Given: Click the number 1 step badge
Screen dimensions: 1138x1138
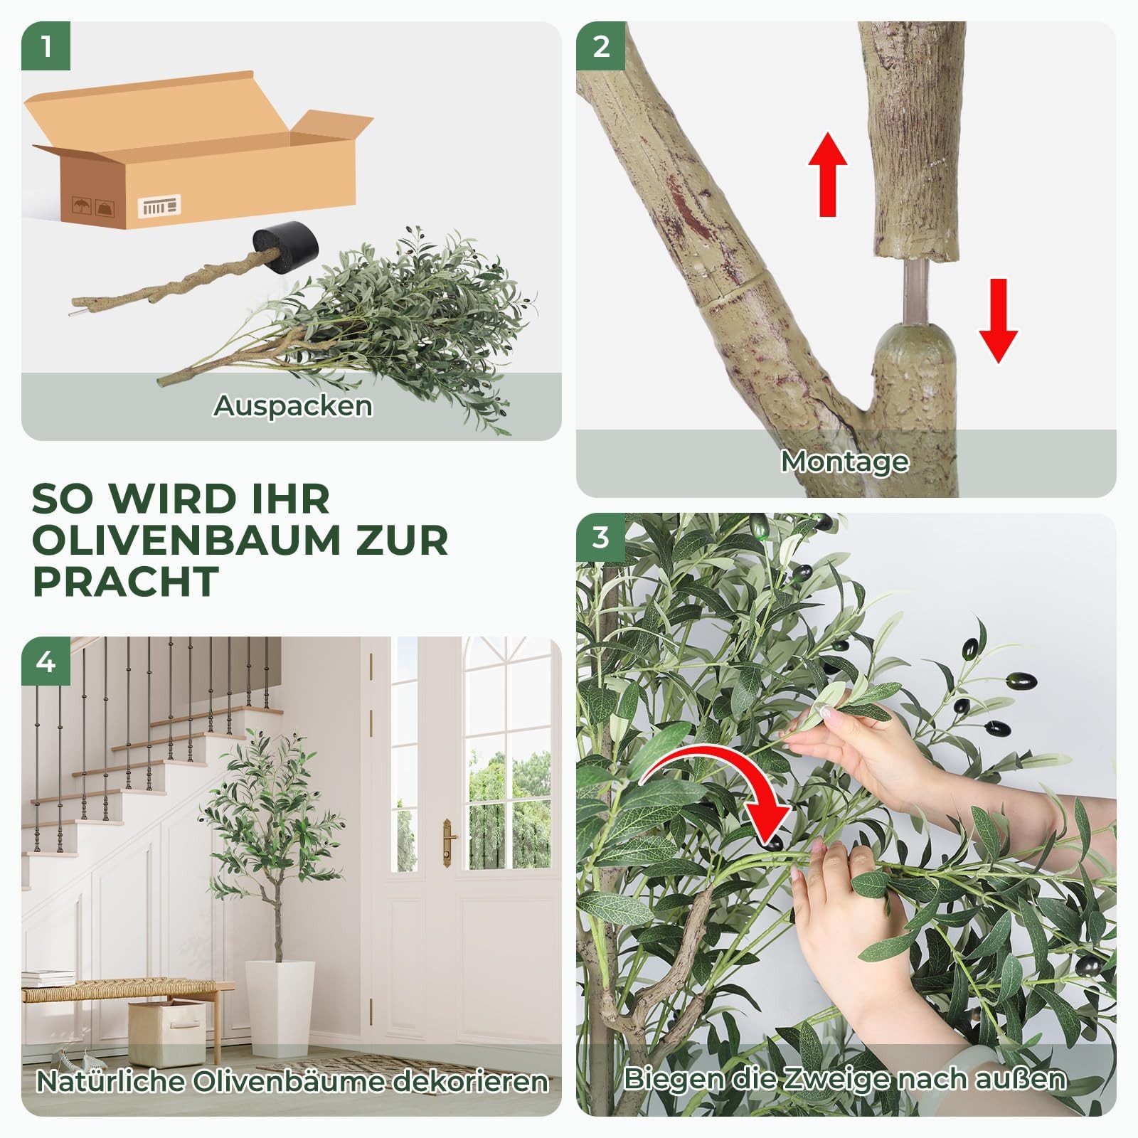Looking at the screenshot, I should pyautogui.click(x=46, y=47).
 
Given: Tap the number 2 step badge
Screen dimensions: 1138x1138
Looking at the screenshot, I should pyautogui.click(x=601, y=47).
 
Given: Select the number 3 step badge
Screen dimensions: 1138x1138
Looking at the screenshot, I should pyautogui.click(x=601, y=538).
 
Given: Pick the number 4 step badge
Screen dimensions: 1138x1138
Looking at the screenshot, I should pyautogui.click(x=46, y=662).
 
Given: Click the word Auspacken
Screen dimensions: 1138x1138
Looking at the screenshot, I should pyautogui.click(x=292, y=406).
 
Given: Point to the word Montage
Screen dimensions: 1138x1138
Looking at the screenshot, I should pyautogui.click(x=845, y=462).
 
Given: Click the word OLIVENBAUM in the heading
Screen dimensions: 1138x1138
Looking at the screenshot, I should pyautogui.click(x=186, y=541).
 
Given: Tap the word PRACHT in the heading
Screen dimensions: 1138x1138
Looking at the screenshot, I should pyautogui.click(x=125, y=582).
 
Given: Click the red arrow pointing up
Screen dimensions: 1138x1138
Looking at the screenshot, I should pyautogui.click(x=827, y=174).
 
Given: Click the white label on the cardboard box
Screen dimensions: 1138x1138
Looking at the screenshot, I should pyautogui.click(x=159, y=206).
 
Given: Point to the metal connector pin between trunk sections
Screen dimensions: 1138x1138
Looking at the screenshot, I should pyautogui.click(x=915, y=292).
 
